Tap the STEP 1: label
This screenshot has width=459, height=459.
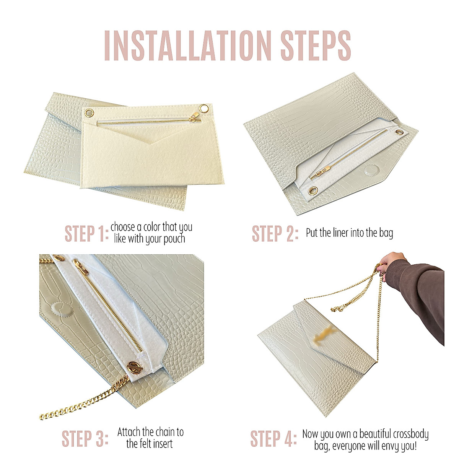[86, 234]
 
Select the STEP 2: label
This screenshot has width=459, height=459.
[275, 234]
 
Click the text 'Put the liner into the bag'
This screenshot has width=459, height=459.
[349, 233]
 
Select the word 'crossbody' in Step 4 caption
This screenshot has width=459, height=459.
[410, 435]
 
